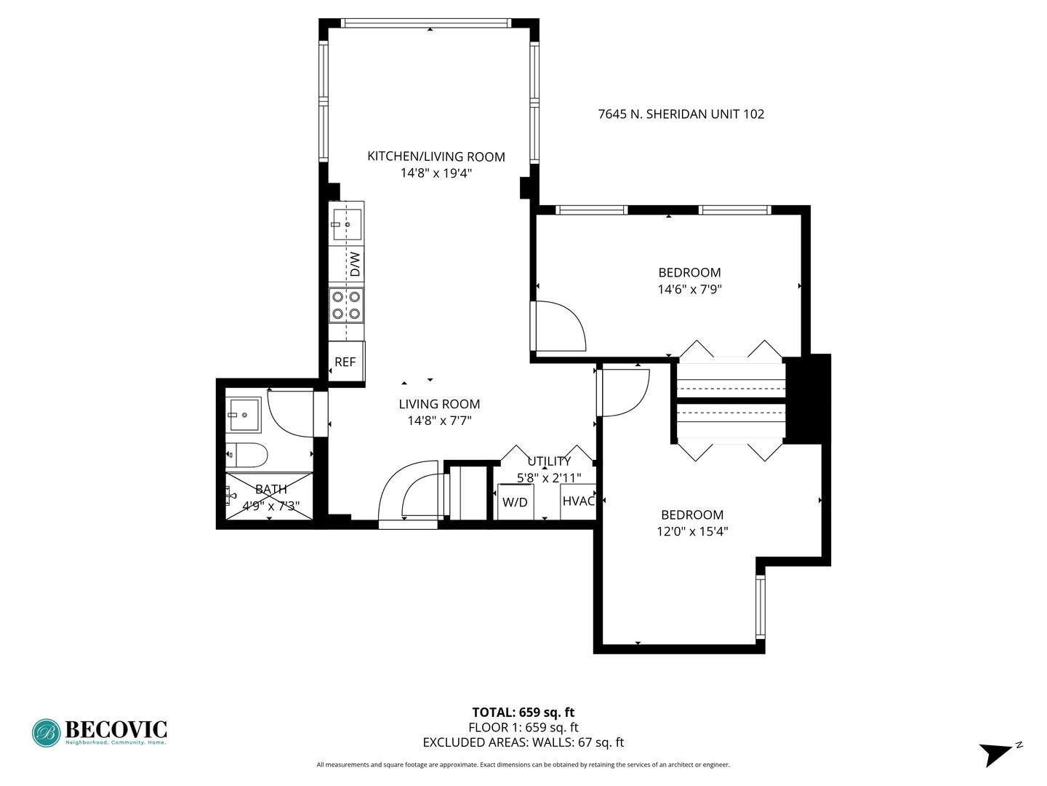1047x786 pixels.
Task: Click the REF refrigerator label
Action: pyautogui.click(x=345, y=362)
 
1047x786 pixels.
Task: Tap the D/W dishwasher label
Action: pyautogui.click(x=355, y=264)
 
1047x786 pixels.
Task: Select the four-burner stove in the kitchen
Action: pyautogui.click(x=346, y=306)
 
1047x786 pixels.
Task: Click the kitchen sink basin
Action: pyautogui.click(x=348, y=224)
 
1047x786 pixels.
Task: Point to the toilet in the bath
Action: pyautogui.click(x=246, y=455)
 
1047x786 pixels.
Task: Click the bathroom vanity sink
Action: pyautogui.click(x=244, y=415)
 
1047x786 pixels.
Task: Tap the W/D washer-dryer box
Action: pyautogui.click(x=516, y=502)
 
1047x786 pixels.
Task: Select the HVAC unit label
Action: pyautogui.click(x=579, y=501)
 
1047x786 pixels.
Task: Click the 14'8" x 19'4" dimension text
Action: pyautogui.click(x=436, y=172)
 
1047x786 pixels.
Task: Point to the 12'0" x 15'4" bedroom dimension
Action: pyautogui.click(x=692, y=531)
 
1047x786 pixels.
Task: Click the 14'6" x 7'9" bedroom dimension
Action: pyautogui.click(x=690, y=289)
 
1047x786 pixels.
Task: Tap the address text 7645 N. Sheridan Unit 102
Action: pyautogui.click(x=681, y=114)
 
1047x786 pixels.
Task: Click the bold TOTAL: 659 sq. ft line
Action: pyautogui.click(x=523, y=712)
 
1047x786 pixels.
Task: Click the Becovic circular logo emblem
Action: pyautogui.click(x=47, y=733)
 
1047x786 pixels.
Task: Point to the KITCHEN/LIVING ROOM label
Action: pyautogui.click(x=436, y=156)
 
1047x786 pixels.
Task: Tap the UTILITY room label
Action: pyautogui.click(x=549, y=461)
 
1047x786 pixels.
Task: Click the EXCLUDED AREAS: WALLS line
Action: pyautogui.click(x=523, y=742)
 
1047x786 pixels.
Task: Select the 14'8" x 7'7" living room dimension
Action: pyautogui.click(x=439, y=421)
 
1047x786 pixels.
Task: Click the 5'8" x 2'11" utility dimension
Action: pyautogui.click(x=549, y=477)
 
